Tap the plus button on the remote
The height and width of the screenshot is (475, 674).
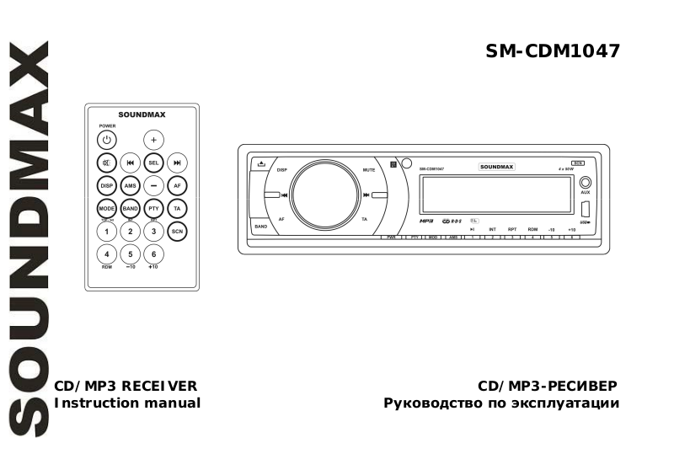[153, 140]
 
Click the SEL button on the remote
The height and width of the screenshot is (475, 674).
[153, 163]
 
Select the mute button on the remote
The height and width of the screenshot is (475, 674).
[106, 163]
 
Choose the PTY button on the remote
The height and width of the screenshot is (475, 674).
[153, 207]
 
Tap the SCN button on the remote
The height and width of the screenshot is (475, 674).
[177, 230]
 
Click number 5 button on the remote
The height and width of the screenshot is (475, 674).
[130, 254]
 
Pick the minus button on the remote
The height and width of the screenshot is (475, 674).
[153, 185]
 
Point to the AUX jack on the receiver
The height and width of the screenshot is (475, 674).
[586, 182]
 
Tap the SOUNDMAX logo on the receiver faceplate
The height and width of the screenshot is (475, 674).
[496, 168]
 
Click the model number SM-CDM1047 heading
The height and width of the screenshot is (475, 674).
[553, 51]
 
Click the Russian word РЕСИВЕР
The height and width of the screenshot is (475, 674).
[584, 386]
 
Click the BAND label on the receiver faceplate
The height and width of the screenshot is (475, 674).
[261, 227]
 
